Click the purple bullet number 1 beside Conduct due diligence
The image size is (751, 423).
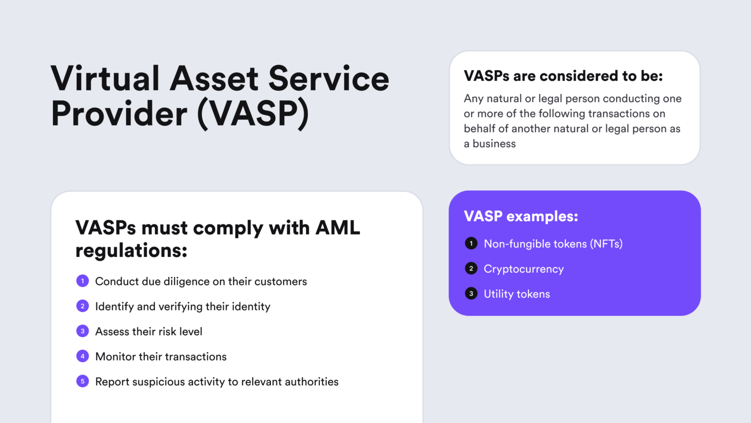(83, 281)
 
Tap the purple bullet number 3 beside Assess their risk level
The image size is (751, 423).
(83, 331)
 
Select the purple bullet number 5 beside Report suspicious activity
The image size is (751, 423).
(83, 381)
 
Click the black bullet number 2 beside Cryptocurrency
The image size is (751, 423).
(471, 268)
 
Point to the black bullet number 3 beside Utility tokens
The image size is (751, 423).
(471, 294)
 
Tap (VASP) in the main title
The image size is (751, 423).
(253, 114)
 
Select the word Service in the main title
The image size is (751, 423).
(329, 79)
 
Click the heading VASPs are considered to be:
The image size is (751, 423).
(563, 76)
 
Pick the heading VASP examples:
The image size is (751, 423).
(521, 216)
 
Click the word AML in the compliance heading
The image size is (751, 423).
(337, 228)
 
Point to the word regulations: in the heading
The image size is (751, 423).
(131, 251)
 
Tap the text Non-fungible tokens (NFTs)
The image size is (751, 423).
(553, 244)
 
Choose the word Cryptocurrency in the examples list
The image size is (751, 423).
(524, 269)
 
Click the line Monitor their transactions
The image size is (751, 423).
(161, 356)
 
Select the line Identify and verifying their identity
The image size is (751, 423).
(182, 306)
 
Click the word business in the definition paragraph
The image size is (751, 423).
(494, 143)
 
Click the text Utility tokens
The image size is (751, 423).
(517, 294)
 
